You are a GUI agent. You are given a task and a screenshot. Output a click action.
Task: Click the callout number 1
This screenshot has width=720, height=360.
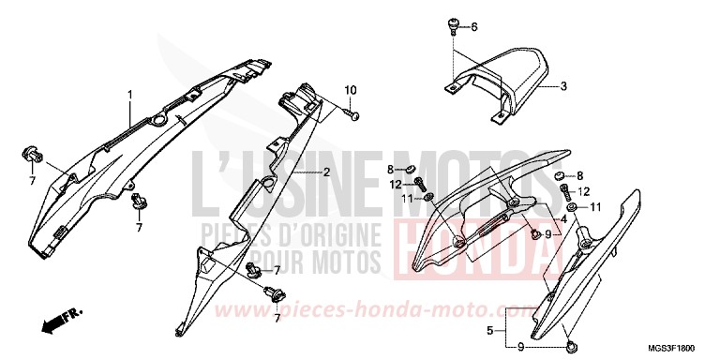pyautogui.click(x=129, y=94)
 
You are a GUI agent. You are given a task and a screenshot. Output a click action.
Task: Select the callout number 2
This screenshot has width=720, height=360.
pyautogui.click(x=327, y=172)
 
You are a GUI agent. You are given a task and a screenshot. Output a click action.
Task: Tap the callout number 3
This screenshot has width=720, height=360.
pyautogui.click(x=564, y=87)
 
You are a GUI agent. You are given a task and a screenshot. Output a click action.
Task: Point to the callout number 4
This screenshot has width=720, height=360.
pyautogui.click(x=564, y=219)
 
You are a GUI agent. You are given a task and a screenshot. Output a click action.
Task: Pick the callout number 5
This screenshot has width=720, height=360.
pyautogui.click(x=489, y=331)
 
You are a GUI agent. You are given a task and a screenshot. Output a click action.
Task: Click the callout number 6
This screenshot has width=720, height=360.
pyautogui.click(x=474, y=26)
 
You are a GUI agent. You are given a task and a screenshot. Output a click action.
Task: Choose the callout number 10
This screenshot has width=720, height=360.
pyautogui.click(x=350, y=90)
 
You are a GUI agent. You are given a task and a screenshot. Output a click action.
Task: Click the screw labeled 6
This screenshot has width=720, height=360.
pyautogui.click(x=453, y=22)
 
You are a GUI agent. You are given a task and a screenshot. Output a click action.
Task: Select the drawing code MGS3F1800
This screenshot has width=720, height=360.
pyautogui.click(x=678, y=346)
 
